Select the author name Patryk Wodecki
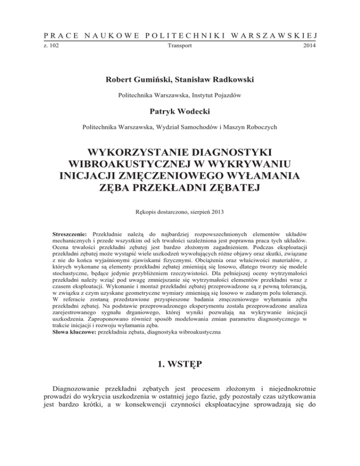point(180,113)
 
